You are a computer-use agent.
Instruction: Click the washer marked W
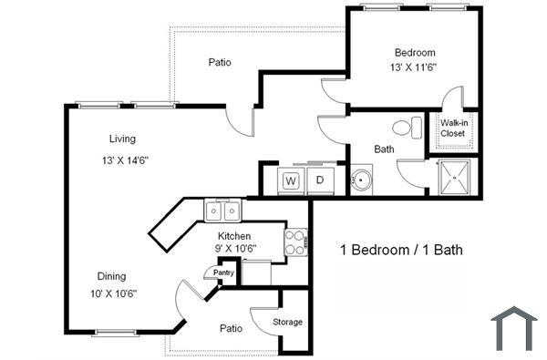point(291,180)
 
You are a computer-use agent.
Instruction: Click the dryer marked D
point(320,180)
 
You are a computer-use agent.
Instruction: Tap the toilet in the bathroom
point(407,127)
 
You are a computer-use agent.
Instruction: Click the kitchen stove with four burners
point(295,242)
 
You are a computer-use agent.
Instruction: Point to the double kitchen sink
point(222,211)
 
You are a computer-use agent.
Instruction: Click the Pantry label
point(223,273)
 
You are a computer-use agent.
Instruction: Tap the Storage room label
point(288,322)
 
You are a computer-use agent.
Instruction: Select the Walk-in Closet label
point(453,129)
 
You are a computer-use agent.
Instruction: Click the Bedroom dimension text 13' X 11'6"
point(415,68)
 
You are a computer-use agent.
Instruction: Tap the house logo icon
point(514,328)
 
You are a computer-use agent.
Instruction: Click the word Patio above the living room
point(219,63)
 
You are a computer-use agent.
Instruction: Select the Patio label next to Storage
point(230,327)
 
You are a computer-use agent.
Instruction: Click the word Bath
point(384,149)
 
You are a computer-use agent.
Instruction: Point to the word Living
point(122,139)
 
